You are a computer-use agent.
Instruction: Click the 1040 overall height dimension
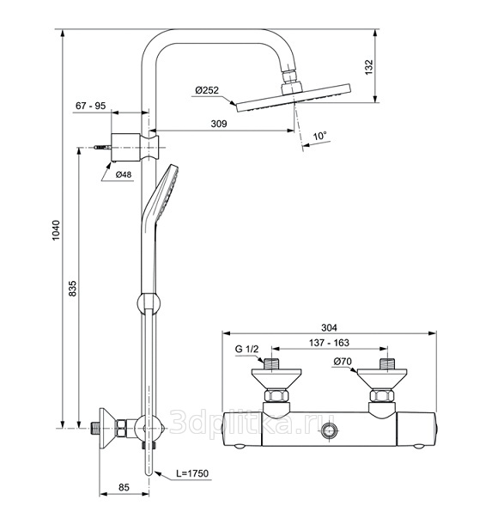[56, 230]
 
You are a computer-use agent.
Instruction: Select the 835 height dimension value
[73, 289]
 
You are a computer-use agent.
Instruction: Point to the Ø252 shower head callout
[207, 90]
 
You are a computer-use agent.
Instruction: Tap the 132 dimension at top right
[368, 67]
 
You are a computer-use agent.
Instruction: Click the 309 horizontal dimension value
[219, 124]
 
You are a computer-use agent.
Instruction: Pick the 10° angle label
[320, 136]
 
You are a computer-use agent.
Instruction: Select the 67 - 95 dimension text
[90, 106]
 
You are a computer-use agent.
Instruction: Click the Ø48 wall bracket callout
[124, 174]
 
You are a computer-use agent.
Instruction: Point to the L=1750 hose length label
[192, 473]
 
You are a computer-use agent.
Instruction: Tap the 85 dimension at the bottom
[124, 487]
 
